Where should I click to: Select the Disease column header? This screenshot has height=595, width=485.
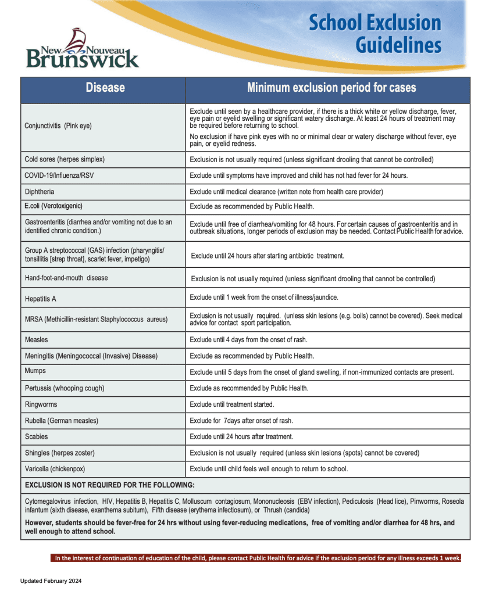(105, 88)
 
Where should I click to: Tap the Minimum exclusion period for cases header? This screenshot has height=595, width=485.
(331, 88)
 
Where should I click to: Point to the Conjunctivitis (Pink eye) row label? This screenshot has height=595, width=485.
(58, 126)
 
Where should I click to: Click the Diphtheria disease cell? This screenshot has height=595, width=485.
(40, 192)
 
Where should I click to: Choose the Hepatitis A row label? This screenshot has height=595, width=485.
(41, 299)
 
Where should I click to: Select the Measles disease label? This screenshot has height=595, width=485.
(37, 339)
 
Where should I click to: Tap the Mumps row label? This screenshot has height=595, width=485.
(35, 371)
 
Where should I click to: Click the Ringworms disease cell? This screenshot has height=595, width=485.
(41, 404)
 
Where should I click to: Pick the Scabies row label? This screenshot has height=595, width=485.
(37, 436)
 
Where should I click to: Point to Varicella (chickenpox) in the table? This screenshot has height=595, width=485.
(59, 468)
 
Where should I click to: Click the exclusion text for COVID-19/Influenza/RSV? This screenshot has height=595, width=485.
(298, 175)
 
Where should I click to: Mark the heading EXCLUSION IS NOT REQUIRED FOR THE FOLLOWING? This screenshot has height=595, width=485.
(110, 485)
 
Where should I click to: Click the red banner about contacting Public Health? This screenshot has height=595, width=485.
(257, 558)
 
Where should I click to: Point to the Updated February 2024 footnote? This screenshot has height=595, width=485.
(51, 580)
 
